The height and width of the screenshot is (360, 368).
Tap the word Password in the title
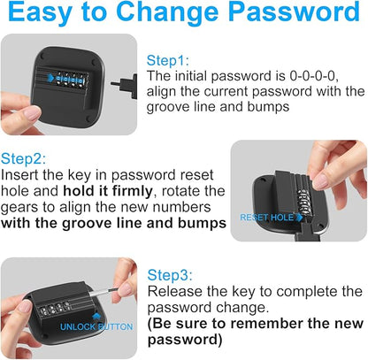click(x=295, y=11)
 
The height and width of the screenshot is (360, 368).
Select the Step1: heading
click(x=168, y=60)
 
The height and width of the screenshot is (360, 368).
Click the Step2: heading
click(x=23, y=158)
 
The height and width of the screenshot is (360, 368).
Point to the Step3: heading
click(x=170, y=275)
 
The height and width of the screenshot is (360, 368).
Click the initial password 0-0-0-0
click(x=314, y=76)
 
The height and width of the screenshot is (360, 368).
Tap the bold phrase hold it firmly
click(x=108, y=191)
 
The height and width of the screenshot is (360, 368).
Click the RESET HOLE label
click(x=267, y=218)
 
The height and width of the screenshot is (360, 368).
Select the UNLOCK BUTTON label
click(x=96, y=327)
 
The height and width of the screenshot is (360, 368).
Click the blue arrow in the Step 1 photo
click(x=50, y=78)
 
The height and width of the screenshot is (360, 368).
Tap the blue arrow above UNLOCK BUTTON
click(x=96, y=317)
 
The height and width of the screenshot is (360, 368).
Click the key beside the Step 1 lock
click(x=124, y=85)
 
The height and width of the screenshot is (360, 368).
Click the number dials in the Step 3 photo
click(x=54, y=308)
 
